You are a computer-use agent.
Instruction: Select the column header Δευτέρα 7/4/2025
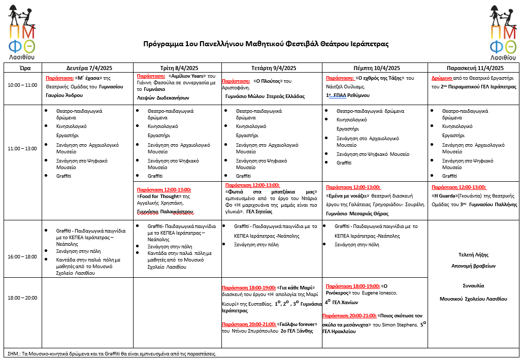(x=87, y=68)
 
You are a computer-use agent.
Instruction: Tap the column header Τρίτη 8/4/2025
(x=177, y=68)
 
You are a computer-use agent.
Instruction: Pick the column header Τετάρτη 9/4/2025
(x=271, y=68)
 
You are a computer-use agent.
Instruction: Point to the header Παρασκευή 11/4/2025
(x=475, y=68)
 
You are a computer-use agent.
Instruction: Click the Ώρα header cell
(x=22, y=68)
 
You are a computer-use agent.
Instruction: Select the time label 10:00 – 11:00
(x=22, y=85)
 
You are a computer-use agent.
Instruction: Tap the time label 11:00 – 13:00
(x=22, y=149)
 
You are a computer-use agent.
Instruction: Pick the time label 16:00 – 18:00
(x=22, y=257)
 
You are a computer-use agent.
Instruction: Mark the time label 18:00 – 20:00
(x=22, y=298)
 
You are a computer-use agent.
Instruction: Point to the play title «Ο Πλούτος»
(x=268, y=81)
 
